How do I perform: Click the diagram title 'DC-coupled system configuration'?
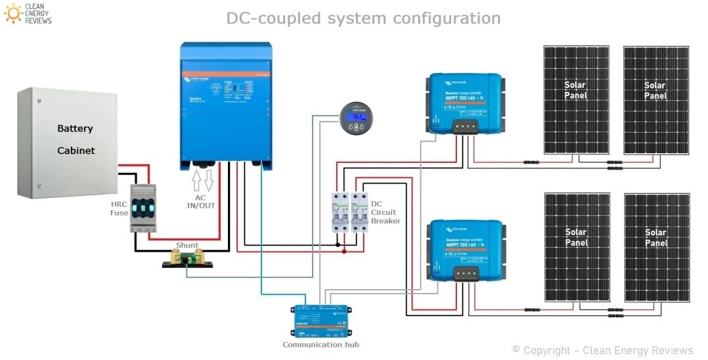pos(363,18)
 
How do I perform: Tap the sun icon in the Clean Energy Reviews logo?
pos(11,12)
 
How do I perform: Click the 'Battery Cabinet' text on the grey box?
pos(76,139)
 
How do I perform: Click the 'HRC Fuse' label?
pos(119,208)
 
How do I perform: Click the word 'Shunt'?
pos(187,245)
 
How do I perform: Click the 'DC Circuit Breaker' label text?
pos(386,212)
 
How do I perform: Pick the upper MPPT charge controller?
pos(466,102)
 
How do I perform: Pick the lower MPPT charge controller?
pos(466,250)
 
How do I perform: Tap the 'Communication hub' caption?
pos(321,344)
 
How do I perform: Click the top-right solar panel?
pos(654,99)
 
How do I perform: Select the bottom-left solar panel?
pos(576,246)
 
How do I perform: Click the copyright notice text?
pos(602,350)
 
